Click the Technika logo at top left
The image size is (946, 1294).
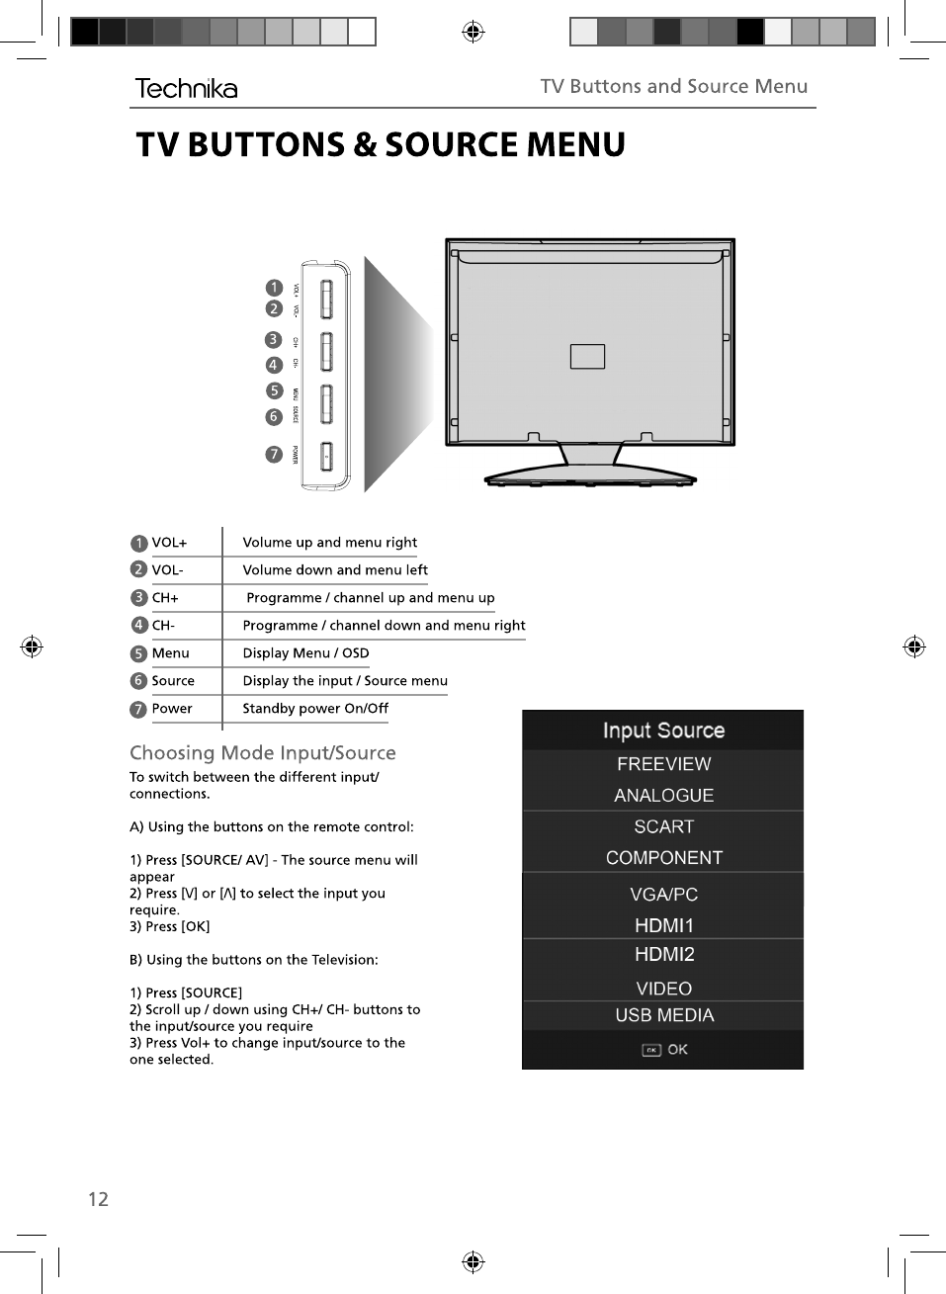pyautogui.click(x=186, y=89)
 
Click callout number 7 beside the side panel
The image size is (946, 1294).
pyautogui.click(x=274, y=455)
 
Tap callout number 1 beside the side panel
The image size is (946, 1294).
pyautogui.click(x=274, y=288)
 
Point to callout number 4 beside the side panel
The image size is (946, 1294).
pyautogui.click(x=274, y=365)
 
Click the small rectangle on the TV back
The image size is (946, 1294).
pyautogui.click(x=587, y=356)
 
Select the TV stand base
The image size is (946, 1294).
pyautogui.click(x=590, y=479)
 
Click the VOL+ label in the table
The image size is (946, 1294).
pyautogui.click(x=169, y=543)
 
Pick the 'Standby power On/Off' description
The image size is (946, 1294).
pyautogui.click(x=315, y=709)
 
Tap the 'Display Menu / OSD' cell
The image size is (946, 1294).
pyautogui.click(x=305, y=653)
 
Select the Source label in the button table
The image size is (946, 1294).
pyautogui.click(x=173, y=681)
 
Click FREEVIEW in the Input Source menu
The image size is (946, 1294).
pyautogui.click(x=663, y=764)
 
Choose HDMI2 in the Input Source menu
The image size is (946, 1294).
pyautogui.click(x=664, y=955)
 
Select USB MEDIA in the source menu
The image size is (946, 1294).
pyautogui.click(x=664, y=1015)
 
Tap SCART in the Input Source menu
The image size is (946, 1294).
pyautogui.click(x=664, y=826)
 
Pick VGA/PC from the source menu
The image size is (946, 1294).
pyautogui.click(x=664, y=895)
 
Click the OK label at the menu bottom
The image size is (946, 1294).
pyautogui.click(x=677, y=1050)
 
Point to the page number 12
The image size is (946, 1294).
pyautogui.click(x=98, y=1199)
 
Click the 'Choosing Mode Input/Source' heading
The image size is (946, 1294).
pyautogui.click(x=263, y=753)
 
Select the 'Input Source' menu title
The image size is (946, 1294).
pyautogui.click(x=663, y=731)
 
